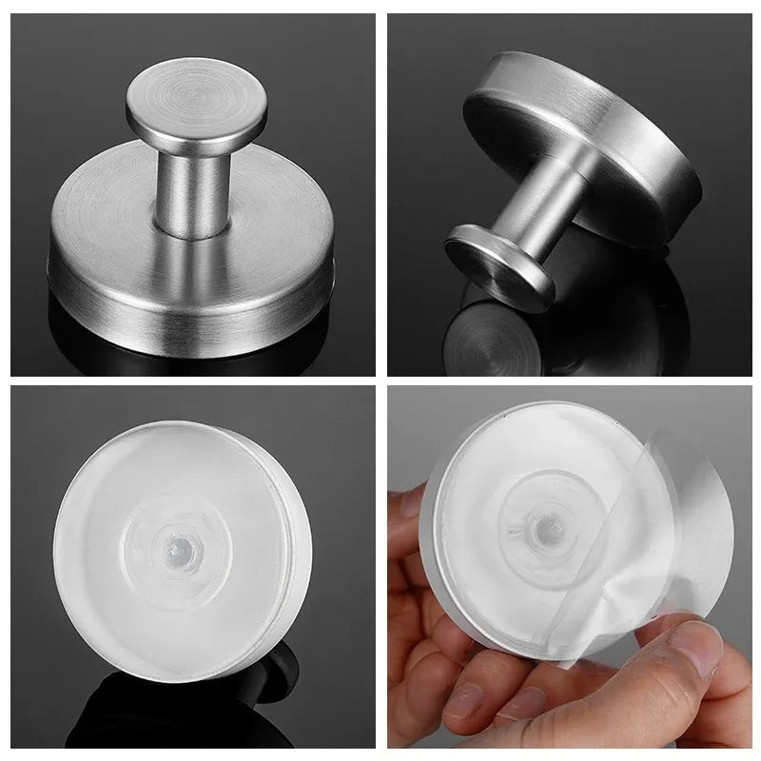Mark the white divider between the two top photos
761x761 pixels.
point(380,190)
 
